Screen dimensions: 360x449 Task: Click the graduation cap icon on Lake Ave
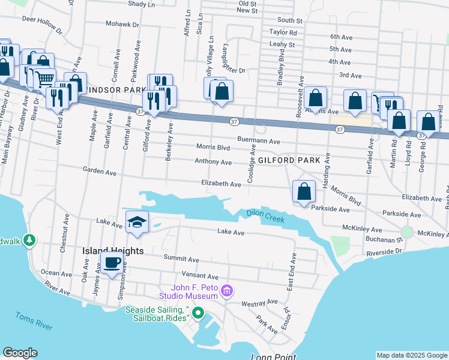coord(137,221)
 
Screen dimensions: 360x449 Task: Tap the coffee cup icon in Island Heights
coord(112,262)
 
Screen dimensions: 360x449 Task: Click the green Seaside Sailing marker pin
coord(199,313)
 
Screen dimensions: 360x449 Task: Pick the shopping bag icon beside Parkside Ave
coord(304,191)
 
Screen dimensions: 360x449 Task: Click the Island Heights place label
coord(113,251)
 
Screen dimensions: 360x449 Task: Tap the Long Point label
coord(273,357)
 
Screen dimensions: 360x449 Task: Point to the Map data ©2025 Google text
coord(412,355)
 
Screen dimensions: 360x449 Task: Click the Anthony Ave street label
coord(213,162)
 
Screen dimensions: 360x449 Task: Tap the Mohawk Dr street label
coord(122,25)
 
